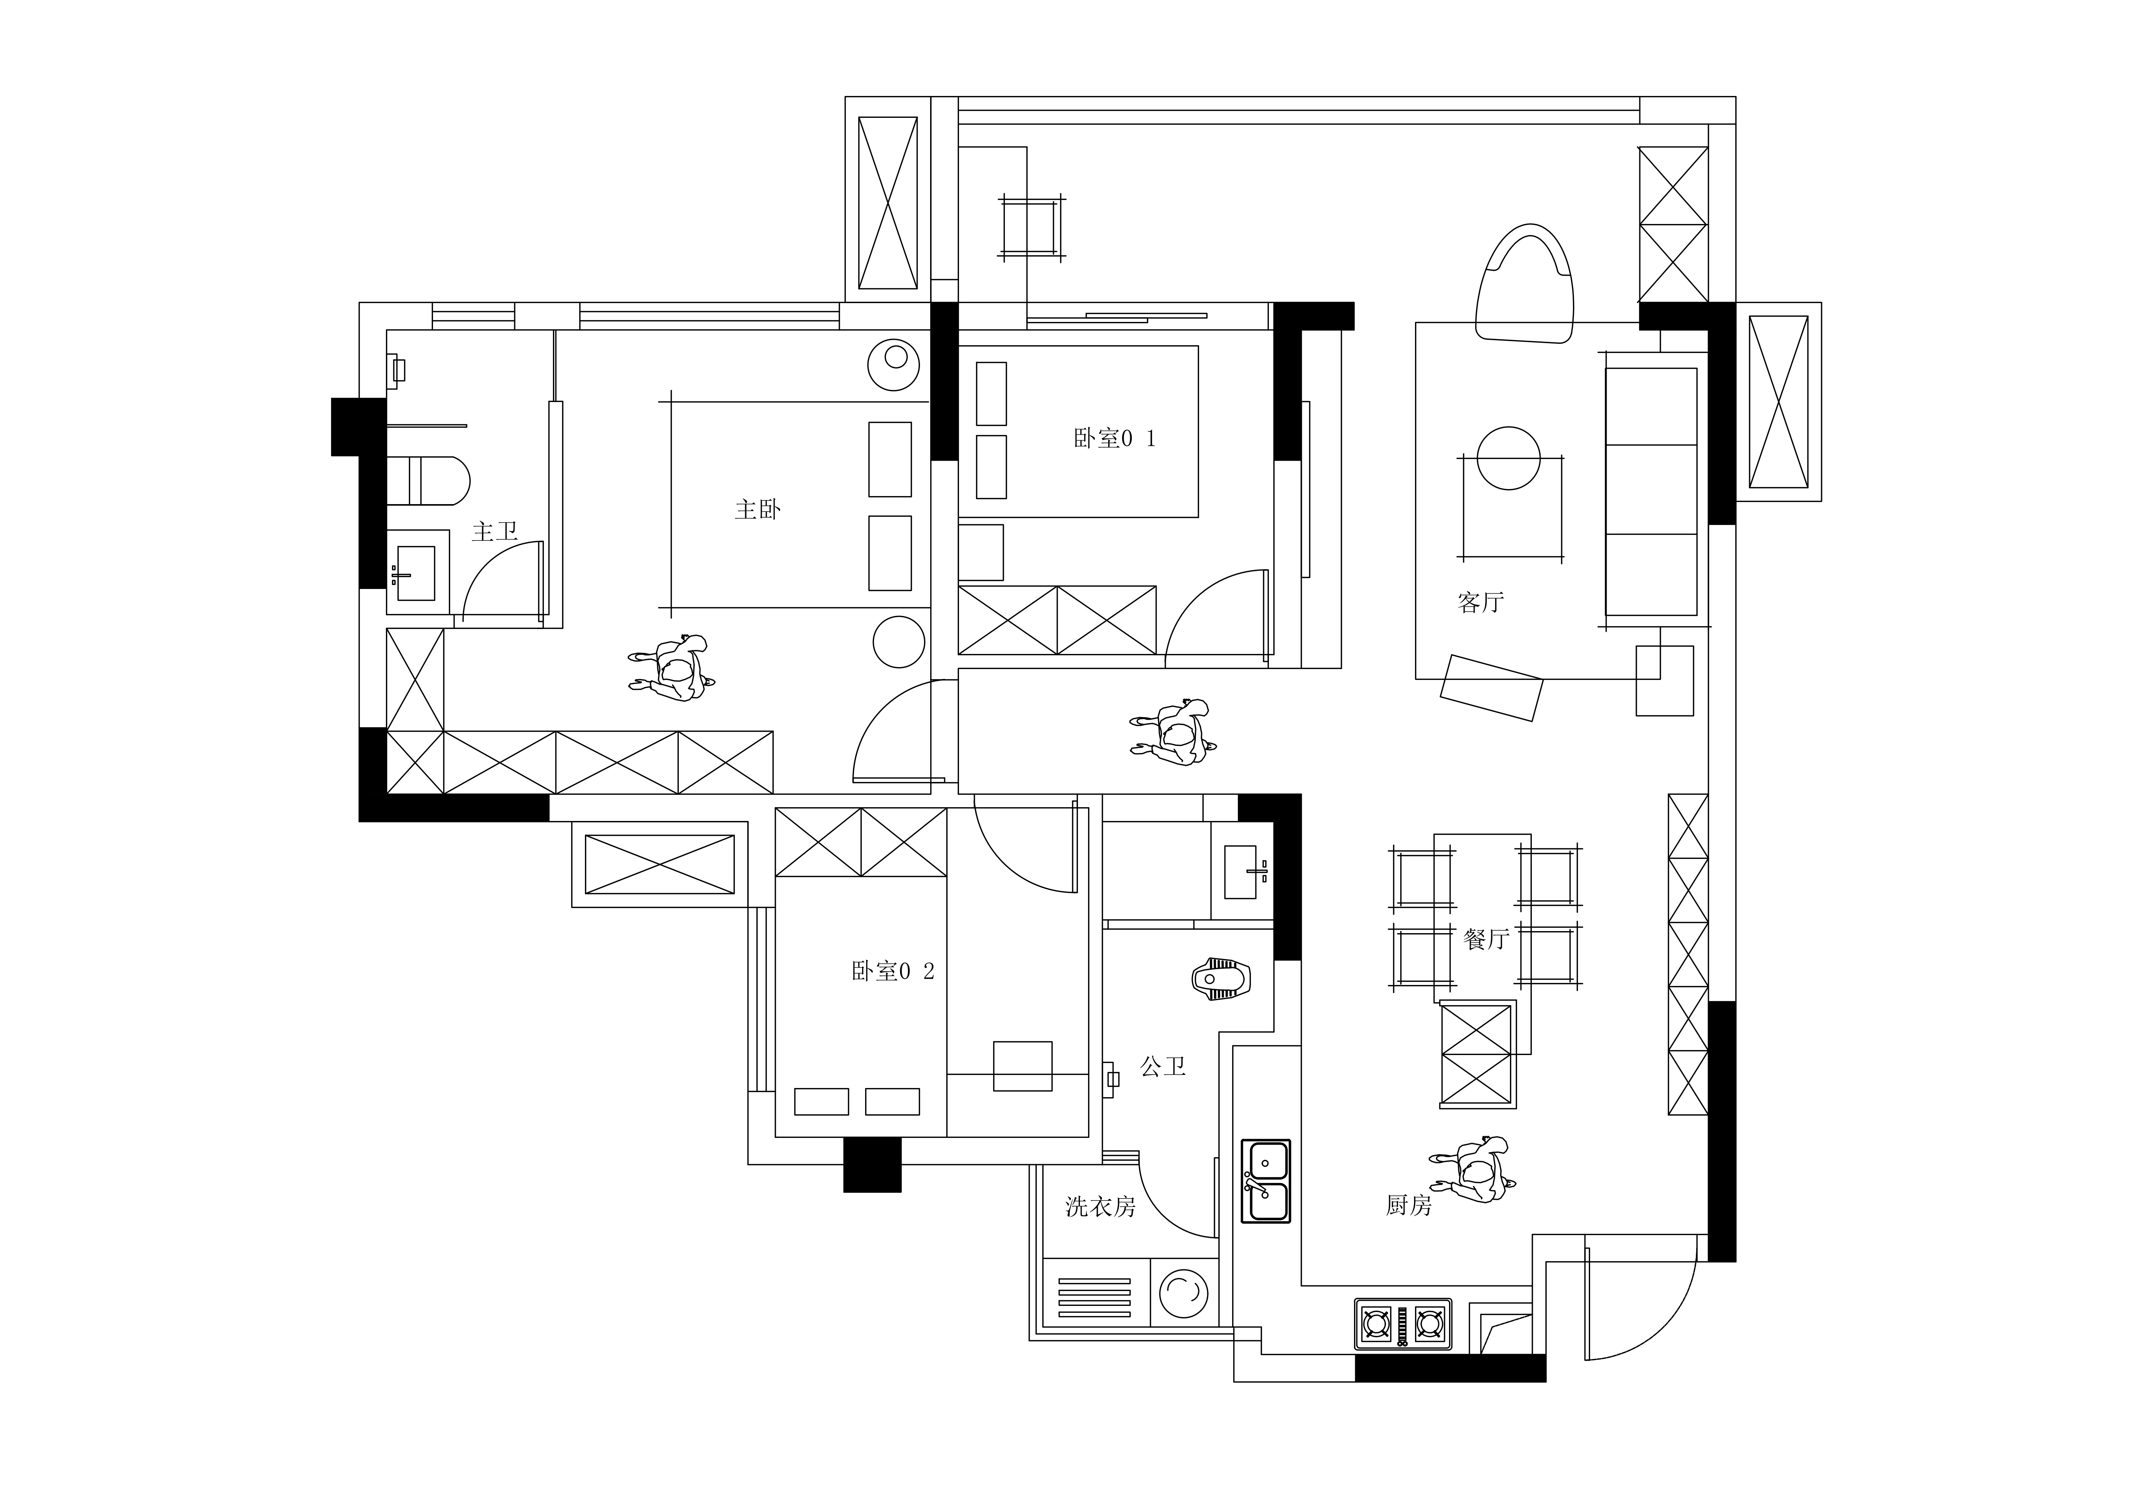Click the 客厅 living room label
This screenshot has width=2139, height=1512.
(x=1480, y=602)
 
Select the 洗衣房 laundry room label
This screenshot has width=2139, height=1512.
(x=1100, y=1207)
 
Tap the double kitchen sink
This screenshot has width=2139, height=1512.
(x=1266, y=1181)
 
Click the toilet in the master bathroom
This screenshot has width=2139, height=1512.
(x=429, y=481)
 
